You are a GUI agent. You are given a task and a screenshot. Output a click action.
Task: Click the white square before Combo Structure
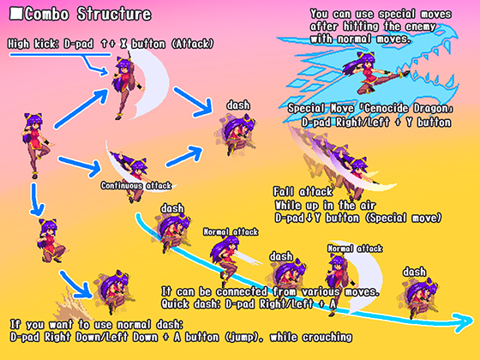click(16, 14)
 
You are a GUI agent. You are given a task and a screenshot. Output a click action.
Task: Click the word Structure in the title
click(114, 14)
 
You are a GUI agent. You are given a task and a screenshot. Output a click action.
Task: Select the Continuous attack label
click(136, 185)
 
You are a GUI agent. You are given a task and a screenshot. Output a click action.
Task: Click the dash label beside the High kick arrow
click(238, 105)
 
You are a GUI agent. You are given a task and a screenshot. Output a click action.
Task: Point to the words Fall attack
click(303, 192)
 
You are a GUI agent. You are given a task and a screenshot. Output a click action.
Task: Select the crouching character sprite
click(51, 240)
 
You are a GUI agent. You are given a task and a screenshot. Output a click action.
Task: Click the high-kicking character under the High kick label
click(126, 87)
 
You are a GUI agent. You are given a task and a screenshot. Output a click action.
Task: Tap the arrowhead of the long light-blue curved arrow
click(464, 322)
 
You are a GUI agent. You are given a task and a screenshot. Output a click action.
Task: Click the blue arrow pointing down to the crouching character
click(36, 200)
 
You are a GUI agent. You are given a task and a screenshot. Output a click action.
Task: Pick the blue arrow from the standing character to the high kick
click(82, 108)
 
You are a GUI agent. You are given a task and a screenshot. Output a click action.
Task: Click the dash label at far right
click(414, 272)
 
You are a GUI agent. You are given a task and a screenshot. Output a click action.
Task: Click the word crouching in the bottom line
click(327, 337)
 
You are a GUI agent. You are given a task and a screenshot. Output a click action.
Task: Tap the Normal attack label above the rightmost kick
click(355, 249)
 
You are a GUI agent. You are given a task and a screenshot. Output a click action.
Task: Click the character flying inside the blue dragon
click(375, 73)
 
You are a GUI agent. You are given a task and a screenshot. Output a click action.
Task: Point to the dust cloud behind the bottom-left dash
click(69, 304)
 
